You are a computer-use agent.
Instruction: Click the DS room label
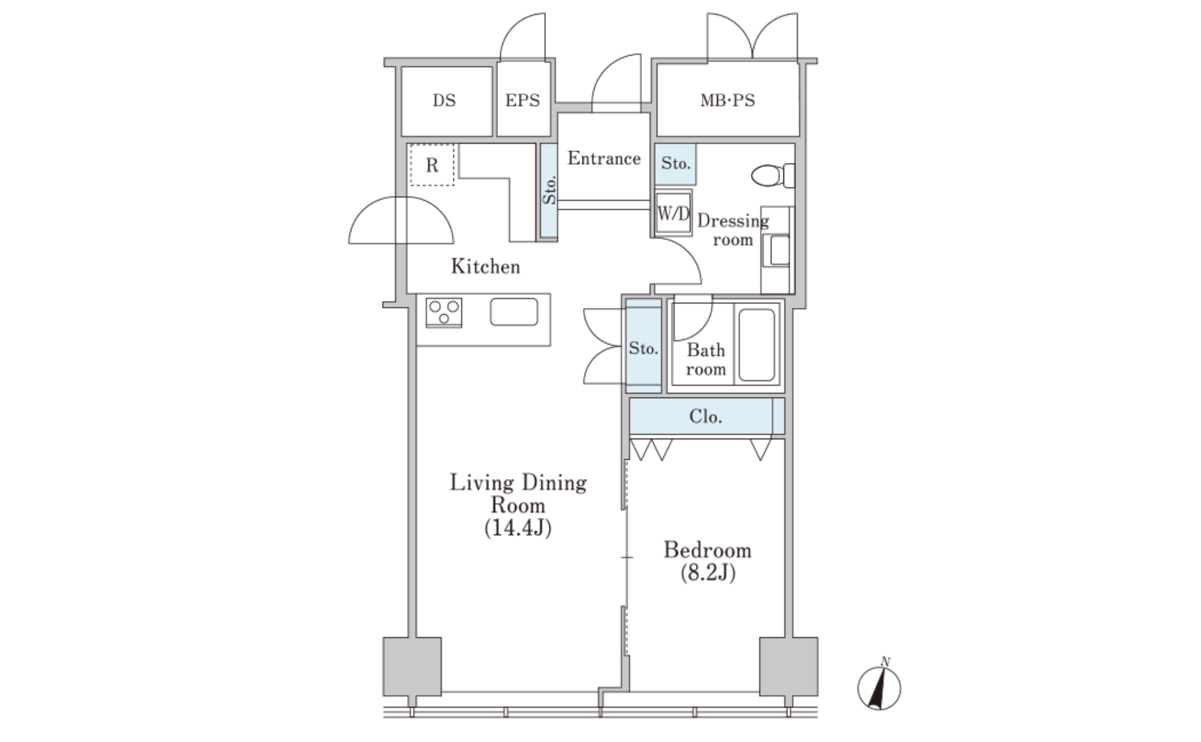coord(444,101)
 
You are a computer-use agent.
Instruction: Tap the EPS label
coord(522,101)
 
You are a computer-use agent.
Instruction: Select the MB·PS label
coord(727,101)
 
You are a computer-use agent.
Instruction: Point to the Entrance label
coord(604,158)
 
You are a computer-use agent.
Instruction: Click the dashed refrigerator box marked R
coord(431,165)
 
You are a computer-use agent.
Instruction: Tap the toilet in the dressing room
coord(773,175)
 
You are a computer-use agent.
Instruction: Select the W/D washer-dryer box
coord(673,213)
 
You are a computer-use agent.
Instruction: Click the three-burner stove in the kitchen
coord(444,312)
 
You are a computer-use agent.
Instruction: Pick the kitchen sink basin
coord(514,312)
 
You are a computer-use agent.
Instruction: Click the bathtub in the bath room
coord(756,344)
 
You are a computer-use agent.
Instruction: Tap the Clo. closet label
coord(705,417)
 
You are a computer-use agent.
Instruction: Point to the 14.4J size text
coord(518,529)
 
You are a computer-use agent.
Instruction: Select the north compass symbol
coord(879,687)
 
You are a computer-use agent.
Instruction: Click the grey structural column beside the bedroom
coord(789,666)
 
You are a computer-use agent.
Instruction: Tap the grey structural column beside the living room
coord(412,666)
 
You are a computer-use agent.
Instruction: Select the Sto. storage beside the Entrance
coord(549,191)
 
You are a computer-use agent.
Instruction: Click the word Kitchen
coord(486,266)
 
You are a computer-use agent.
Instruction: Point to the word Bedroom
coord(708,550)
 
